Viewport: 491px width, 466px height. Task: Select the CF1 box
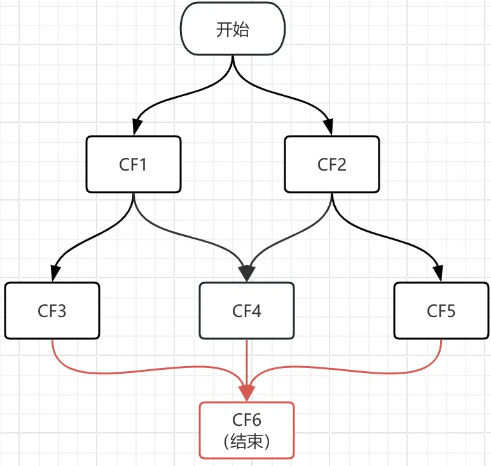pos(134,165)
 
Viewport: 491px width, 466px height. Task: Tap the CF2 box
pos(331,165)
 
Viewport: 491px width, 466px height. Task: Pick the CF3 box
pos(52,311)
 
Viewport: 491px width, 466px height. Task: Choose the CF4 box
pos(247,311)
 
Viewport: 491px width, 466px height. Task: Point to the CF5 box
pos(441,311)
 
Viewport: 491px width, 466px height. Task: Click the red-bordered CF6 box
pos(247,430)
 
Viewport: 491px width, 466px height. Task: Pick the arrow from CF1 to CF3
pos(89,238)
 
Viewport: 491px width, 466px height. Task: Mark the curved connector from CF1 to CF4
pos(191,239)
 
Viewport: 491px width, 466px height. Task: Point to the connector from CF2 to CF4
pos(289,239)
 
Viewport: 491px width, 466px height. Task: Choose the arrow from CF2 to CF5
pos(388,239)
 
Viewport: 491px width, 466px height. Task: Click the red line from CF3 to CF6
pos(127,369)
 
